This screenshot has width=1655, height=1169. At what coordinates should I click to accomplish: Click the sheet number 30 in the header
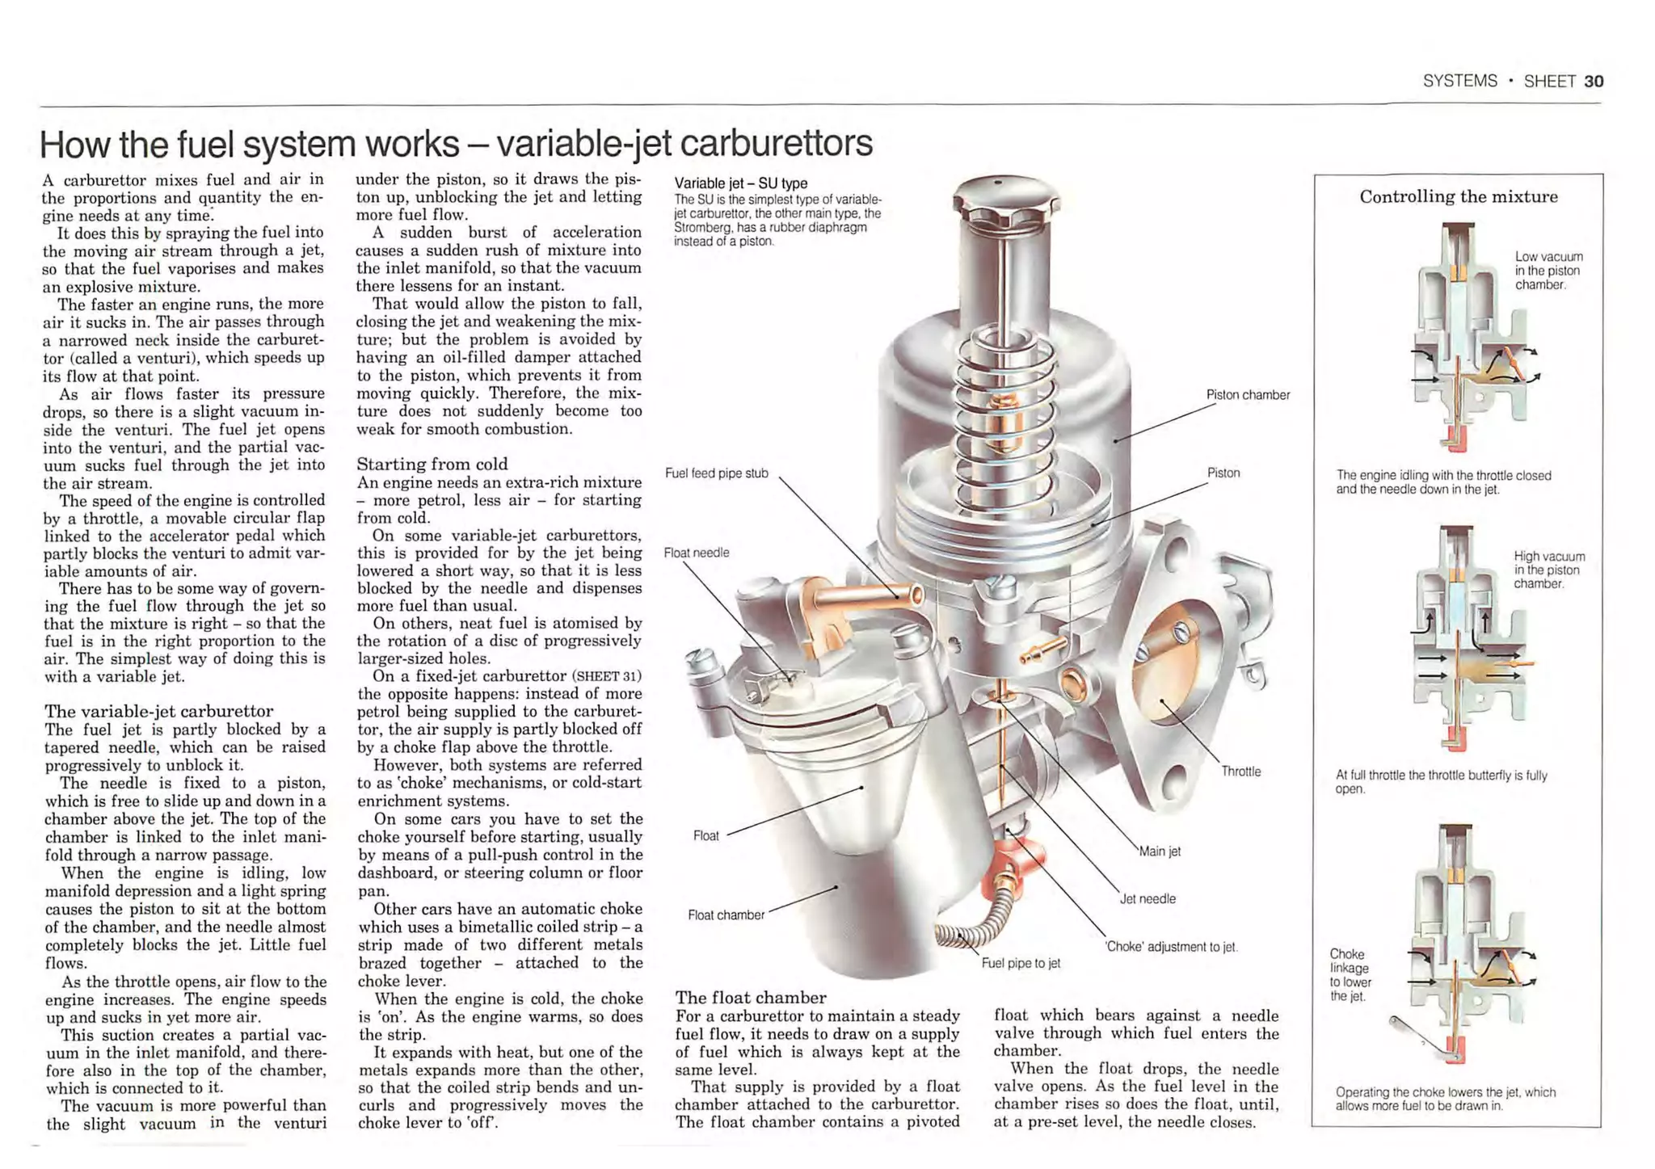[1594, 82]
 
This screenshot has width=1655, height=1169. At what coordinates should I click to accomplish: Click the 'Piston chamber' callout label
[1247, 395]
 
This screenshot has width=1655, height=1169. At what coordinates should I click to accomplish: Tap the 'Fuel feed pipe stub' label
[716, 473]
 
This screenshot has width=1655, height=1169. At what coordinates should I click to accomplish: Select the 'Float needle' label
[696, 553]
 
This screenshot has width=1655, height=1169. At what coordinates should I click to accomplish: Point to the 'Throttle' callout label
[1240, 772]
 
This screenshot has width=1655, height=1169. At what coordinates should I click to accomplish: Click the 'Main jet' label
[1160, 852]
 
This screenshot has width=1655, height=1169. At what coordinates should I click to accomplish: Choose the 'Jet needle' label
[1148, 899]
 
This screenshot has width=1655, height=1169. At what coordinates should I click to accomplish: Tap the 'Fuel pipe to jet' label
[1021, 963]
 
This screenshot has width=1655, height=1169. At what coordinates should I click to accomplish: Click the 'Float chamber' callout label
[726, 915]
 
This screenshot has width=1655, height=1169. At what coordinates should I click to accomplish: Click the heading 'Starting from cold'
[432, 465]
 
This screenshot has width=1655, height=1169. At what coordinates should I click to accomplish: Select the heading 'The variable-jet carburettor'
[158, 711]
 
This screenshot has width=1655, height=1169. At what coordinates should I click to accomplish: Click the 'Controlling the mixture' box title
[1458, 197]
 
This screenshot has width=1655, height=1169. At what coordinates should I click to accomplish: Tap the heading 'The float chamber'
[751, 998]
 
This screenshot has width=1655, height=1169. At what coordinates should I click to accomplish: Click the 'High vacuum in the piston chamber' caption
[1548, 570]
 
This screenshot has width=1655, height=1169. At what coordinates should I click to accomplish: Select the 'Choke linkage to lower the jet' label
[1350, 975]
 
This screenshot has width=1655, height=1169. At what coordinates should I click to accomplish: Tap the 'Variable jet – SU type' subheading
[740, 183]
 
